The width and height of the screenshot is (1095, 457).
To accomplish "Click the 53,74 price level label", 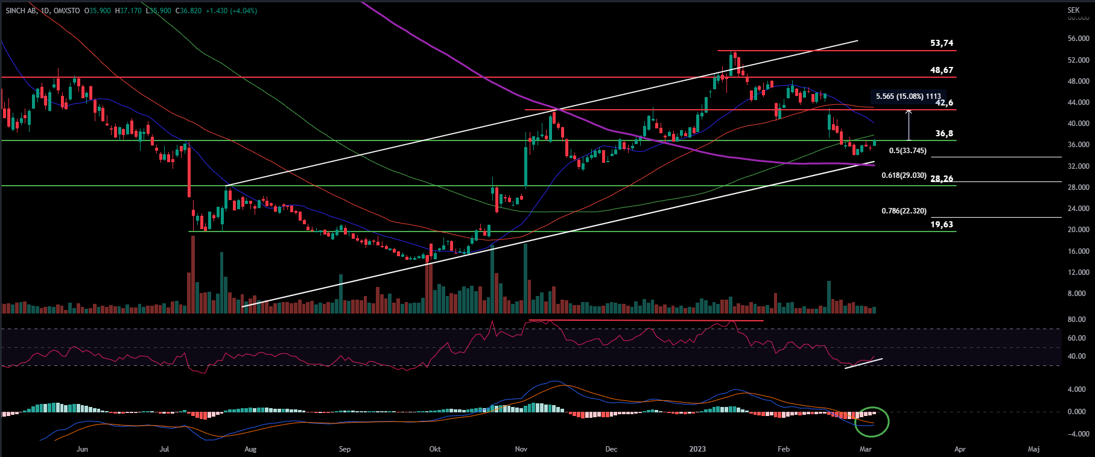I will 942,43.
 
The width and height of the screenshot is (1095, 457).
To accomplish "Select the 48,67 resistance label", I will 942,70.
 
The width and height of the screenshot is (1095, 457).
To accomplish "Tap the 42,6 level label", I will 944,103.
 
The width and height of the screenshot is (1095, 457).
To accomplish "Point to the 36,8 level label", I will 944,133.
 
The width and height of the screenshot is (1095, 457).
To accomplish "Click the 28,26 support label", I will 942,178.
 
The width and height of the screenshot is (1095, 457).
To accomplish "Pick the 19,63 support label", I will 942,224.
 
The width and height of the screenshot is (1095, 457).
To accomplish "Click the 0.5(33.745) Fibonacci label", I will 907,151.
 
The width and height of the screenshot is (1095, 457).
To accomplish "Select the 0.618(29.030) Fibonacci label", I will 904,175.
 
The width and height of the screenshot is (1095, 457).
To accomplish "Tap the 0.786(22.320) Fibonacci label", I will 904,211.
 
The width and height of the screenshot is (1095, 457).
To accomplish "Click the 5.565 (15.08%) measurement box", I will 908,96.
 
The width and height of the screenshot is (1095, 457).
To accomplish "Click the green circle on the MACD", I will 872,421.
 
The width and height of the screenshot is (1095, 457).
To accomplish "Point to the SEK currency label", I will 1073,10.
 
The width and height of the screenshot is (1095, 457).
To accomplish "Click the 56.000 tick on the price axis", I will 1078,39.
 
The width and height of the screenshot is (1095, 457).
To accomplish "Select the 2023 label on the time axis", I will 697,449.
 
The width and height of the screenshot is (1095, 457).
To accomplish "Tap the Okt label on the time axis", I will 434,449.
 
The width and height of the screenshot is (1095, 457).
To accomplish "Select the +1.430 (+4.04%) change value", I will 231,11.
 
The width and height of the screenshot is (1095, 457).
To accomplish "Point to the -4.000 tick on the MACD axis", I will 1078,434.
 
